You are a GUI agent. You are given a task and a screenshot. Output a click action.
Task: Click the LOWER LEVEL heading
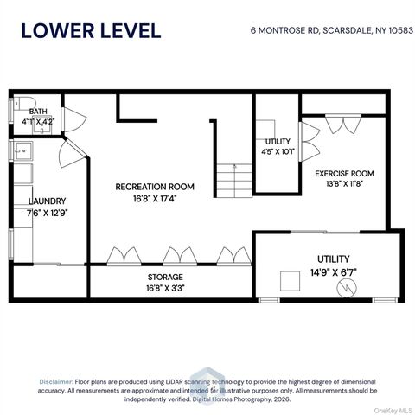pyautogui.click(x=91, y=31)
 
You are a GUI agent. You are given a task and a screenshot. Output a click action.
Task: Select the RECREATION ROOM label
pyautogui.click(x=155, y=187)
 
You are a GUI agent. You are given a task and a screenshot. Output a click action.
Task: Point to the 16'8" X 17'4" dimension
pyautogui.click(x=155, y=199)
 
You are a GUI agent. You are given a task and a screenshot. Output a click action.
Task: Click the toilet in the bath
pyautogui.click(x=25, y=103)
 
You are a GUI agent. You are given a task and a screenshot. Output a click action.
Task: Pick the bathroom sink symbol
pyautogui.click(x=41, y=125)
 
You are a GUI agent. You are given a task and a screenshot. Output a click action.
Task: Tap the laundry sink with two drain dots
pyautogui.click(x=23, y=150)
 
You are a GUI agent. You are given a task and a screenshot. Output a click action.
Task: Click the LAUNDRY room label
pyautogui.click(x=48, y=201)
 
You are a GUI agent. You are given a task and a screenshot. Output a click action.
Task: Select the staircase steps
pyautogui.click(x=234, y=181)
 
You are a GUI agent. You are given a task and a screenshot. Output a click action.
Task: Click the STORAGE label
pyautogui.click(x=165, y=277)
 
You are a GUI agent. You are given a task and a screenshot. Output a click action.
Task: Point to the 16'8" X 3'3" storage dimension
pyautogui.click(x=165, y=288)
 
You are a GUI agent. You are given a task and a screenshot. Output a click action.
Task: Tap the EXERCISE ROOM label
pyautogui.click(x=344, y=174)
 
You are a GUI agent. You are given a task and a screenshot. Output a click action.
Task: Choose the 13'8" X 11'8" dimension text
pyautogui.click(x=344, y=183)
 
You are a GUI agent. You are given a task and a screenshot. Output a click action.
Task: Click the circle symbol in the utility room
pyautogui.click(x=347, y=288)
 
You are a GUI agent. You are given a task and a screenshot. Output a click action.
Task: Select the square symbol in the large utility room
pyautogui.click(x=290, y=281)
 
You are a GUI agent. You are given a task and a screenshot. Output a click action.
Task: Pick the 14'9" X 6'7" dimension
pyautogui.click(x=334, y=272)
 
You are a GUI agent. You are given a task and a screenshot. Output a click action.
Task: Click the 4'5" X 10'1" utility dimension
pyautogui.click(x=278, y=151)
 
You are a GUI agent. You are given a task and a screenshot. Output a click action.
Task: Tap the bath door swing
pyautogui.click(x=73, y=120)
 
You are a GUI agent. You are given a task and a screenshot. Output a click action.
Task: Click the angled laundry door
pyautogui.click(x=72, y=154)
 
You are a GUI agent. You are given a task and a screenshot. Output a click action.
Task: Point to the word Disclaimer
pyautogui.click(x=56, y=382)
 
